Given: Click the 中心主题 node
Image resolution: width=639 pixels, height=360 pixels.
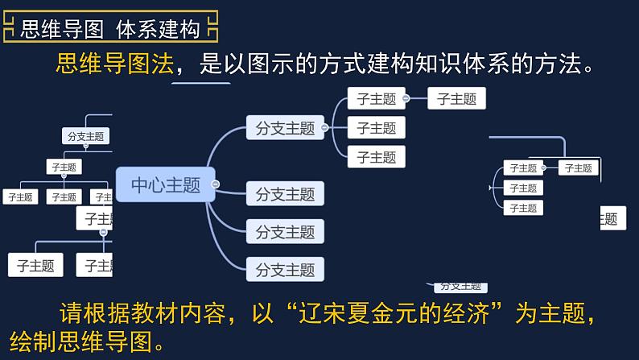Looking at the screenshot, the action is [165, 184].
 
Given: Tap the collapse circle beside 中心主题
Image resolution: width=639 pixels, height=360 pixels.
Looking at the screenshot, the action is [215, 184].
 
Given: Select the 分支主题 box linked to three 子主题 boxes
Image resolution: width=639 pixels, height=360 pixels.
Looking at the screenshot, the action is [285, 127].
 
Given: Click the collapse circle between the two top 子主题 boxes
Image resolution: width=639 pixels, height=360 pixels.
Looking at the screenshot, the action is [406, 99].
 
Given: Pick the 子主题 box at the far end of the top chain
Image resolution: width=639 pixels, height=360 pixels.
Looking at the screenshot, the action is [456, 99].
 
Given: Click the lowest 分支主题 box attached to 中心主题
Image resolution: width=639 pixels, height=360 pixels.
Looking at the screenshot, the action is [285, 269].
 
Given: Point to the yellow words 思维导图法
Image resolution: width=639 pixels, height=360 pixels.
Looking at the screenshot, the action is [114, 64].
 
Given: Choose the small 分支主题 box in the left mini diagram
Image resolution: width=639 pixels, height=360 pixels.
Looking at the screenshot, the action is [85, 136].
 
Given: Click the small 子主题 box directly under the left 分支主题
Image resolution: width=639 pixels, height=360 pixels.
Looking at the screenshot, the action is [64, 168].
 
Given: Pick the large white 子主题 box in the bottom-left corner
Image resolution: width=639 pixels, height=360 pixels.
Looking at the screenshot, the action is [35, 265].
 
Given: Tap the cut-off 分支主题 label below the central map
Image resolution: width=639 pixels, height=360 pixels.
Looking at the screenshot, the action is [459, 286].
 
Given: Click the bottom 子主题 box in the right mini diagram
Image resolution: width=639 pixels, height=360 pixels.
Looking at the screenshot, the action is [522, 207].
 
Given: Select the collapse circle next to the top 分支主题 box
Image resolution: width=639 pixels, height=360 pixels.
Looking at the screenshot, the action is [324, 127].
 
